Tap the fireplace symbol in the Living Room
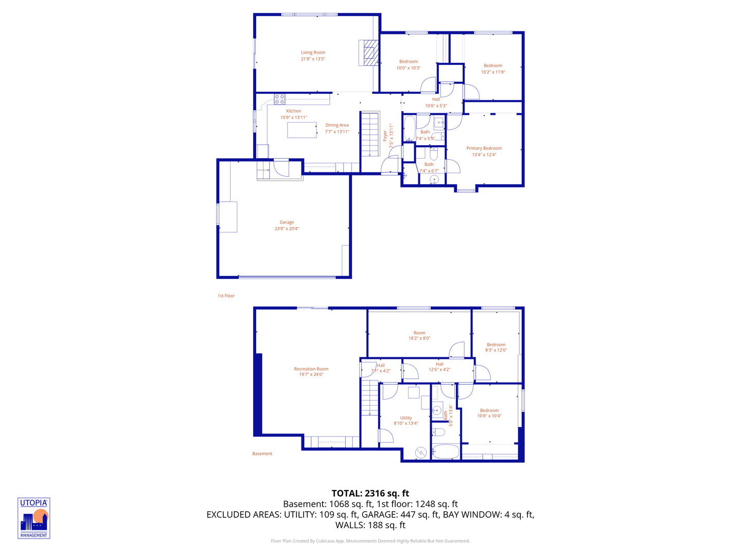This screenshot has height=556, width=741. click(369, 53)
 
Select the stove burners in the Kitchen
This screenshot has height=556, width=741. click(279, 99)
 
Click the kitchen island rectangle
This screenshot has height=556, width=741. click(302, 130)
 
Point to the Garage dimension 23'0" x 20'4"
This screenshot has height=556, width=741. click(287, 229)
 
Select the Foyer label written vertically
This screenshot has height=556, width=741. click(385, 136)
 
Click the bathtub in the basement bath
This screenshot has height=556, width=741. click(446, 452)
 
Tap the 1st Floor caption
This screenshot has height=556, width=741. click(226, 296)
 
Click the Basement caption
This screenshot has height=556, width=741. click(262, 454)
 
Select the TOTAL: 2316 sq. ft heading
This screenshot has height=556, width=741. click(370, 493)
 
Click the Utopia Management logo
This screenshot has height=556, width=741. click(34, 518)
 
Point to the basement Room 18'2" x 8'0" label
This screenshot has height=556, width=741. click(419, 336)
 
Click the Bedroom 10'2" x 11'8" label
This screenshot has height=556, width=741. click(493, 69)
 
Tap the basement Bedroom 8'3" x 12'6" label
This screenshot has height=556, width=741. click(496, 347)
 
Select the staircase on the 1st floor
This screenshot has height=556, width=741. click(369, 134)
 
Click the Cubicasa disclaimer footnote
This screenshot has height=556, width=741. click(370, 541)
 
